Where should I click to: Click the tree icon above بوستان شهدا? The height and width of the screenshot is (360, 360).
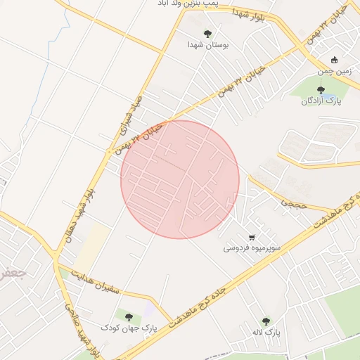[x=207, y=33]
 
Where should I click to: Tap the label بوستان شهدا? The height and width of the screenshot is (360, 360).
[x=207, y=44]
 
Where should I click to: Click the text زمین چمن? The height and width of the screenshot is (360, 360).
[x=333, y=70]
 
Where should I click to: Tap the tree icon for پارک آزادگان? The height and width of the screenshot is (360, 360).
[x=321, y=89]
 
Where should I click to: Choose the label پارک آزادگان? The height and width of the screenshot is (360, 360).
[x=321, y=101]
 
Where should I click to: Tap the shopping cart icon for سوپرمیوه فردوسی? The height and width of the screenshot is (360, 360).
[x=252, y=236]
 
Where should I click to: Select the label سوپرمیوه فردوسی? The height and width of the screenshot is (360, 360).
[x=252, y=247]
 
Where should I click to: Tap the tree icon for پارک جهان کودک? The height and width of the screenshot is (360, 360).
[x=128, y=316]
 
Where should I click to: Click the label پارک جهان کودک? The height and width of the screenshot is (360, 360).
[x=128, y=328]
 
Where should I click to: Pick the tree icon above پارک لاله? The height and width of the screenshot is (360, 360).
[x=266, y=321]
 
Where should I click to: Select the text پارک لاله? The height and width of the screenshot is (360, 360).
[x=266, y=331]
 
